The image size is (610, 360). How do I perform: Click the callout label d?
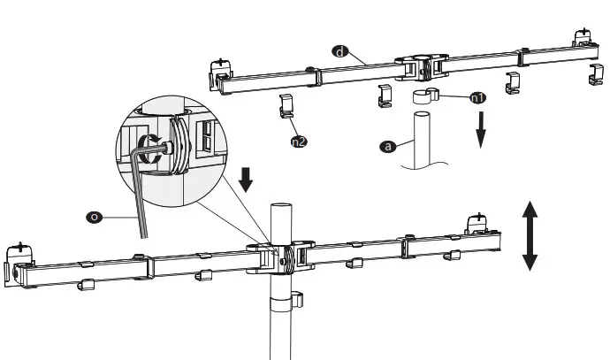(x=340, y=52)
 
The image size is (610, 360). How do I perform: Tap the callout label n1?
(x=477, y=97)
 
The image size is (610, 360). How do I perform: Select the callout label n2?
(x=299, y=140)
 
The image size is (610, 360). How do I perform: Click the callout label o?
(x=91, y=215)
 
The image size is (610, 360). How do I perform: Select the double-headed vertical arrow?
(x=529, y=234)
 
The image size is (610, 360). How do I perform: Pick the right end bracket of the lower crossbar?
(x=478, y=226)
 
